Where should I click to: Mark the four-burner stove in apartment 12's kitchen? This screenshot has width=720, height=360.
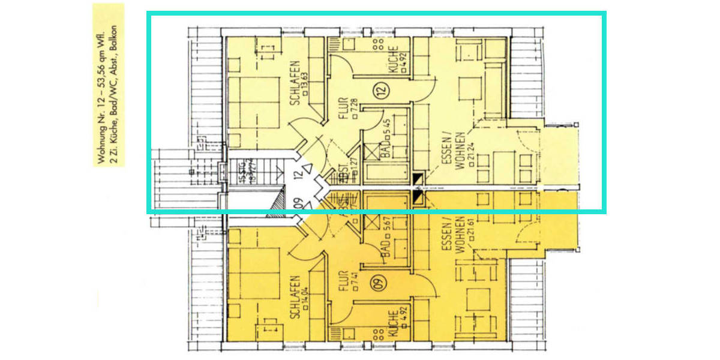click(379, 43)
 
